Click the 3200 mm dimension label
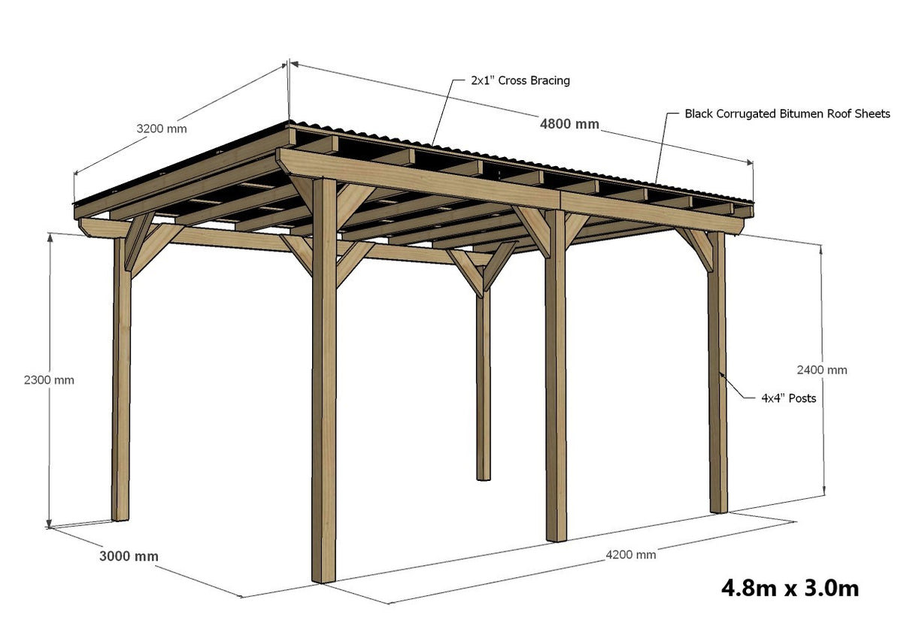click(x=161, y=129)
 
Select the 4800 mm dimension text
click(x=569, y=124)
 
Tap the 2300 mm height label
click(x=49, y=379)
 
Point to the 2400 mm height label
click(x=821, y=370)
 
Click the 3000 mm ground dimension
click(x=129, y=556)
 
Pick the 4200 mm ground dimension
click(x=630, y=555)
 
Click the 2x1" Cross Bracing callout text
click(x=520, y=80)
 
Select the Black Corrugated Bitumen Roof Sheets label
click(x=787, y=114)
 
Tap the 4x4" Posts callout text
click(x=788, y=398)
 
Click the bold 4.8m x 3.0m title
click(x=790, y=587)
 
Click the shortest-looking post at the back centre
click(x=483, y=383)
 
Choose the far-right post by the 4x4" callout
click(x=718, y=376)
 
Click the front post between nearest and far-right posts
click(x=555, y=376)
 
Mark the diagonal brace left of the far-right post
click(x=696, y=248)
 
